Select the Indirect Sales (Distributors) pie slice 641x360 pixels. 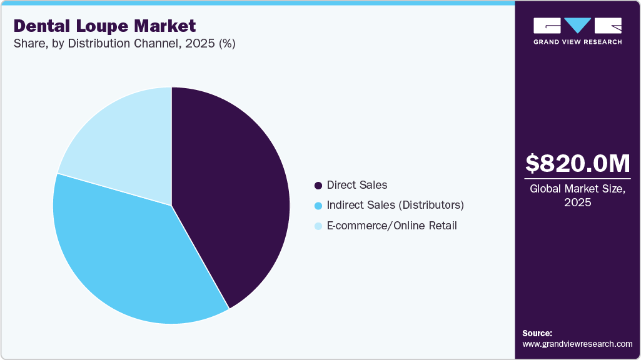coord(125,256)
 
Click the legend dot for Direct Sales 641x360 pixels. coord(318,186)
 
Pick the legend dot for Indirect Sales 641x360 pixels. coord(318,206)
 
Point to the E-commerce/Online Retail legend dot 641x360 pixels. coord(318,226)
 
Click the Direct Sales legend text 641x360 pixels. coord(357,185)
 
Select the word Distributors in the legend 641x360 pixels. coord(432,205)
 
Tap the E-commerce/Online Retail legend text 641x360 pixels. coord(391,225)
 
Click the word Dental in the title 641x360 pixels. coord(40,26)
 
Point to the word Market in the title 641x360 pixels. coord(166,26)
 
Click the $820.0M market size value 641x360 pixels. coord(578,164)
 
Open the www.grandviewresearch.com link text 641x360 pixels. coord(577,344)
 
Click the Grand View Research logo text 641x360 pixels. coord(578,42)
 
